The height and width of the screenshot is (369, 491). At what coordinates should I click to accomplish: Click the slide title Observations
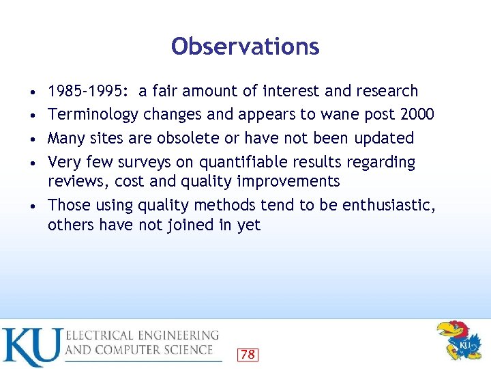(x=245, y=46)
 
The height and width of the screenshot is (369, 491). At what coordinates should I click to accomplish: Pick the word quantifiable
(x=251, y=163)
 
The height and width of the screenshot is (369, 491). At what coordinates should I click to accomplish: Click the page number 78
(x=248, y=354)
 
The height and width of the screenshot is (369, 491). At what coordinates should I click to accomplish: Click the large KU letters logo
(x=31, y=346)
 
